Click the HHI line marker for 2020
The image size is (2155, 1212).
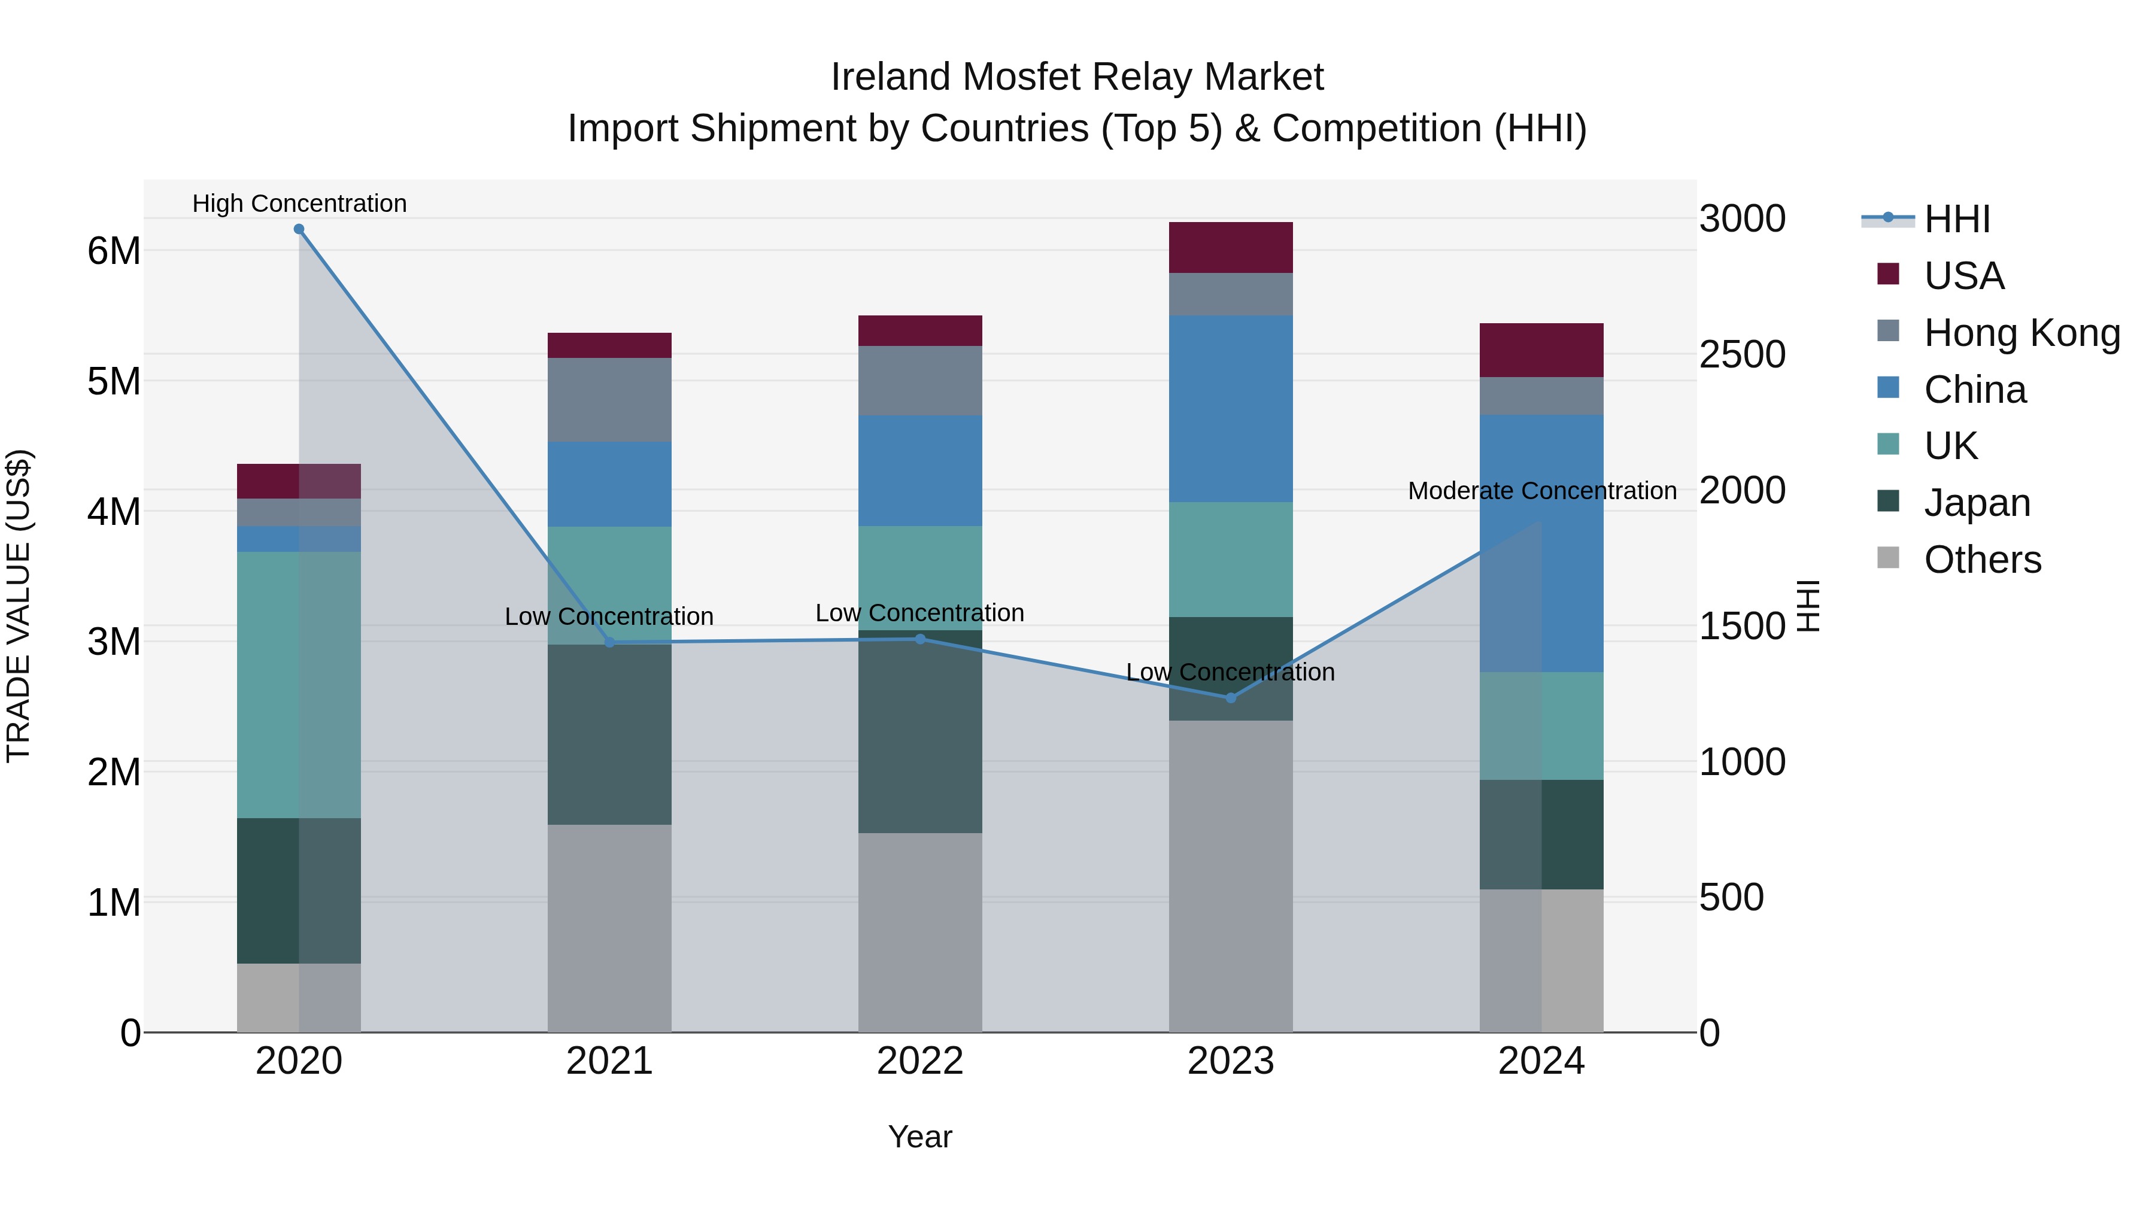299,229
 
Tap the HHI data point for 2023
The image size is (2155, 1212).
1231,698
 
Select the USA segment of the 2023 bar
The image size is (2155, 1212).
1231,248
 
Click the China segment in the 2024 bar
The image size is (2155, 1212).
1542,543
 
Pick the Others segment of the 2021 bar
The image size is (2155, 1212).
609,928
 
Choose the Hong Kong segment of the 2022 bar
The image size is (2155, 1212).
920,381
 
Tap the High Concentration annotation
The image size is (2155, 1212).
299,203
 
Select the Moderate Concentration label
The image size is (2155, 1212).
1542,491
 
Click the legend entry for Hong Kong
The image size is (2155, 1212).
2021,333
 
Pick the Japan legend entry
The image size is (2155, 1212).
1976,503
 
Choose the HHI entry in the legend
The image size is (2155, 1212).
1956,219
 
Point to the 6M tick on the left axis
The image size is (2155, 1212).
114,251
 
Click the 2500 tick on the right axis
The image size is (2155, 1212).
1742,355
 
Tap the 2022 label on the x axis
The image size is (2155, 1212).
920,1061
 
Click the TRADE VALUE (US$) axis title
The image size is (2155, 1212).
19,606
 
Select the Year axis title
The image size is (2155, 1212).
920,1137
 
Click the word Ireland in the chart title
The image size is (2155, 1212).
890,77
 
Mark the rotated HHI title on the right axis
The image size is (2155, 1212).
1808,606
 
